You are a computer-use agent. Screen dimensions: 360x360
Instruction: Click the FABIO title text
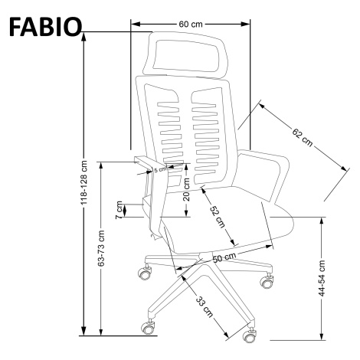point(45,27)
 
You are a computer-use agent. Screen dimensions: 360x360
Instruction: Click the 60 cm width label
point(191,25)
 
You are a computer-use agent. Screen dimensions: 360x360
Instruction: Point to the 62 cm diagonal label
point(303,138)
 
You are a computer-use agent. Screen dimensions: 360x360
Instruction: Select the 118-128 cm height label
point(84,182)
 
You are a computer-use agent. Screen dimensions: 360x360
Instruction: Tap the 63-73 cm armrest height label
point(101,248)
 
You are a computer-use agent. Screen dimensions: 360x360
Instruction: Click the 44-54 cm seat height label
point(322,278)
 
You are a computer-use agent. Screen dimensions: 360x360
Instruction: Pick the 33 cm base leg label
point(205,306)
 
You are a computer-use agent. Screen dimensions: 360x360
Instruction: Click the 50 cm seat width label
point(224,257)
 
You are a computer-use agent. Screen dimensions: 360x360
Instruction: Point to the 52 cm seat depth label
point(218,217)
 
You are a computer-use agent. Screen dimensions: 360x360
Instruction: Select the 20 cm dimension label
point(187,189)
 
